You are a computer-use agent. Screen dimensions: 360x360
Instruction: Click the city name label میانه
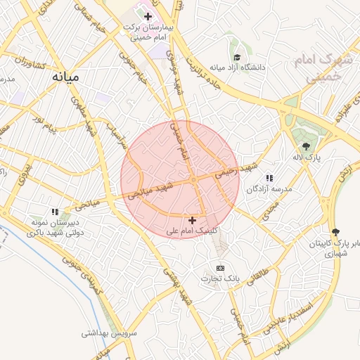point(67,75)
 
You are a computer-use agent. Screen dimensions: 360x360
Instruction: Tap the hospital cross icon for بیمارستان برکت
point(147,16)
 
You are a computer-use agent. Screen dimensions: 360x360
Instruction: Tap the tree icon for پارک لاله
point(303,146)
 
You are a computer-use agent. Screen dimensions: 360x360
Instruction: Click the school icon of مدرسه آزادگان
point(269,179)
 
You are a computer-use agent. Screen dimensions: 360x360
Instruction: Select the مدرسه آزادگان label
point(268,189)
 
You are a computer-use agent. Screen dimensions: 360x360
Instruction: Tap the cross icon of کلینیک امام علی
point(192,220)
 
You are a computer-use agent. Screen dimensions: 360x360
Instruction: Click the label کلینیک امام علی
point(192,230)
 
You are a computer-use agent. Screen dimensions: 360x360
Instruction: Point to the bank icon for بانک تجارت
point(220,268)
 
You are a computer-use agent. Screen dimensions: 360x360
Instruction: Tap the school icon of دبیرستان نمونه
point(55,211)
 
